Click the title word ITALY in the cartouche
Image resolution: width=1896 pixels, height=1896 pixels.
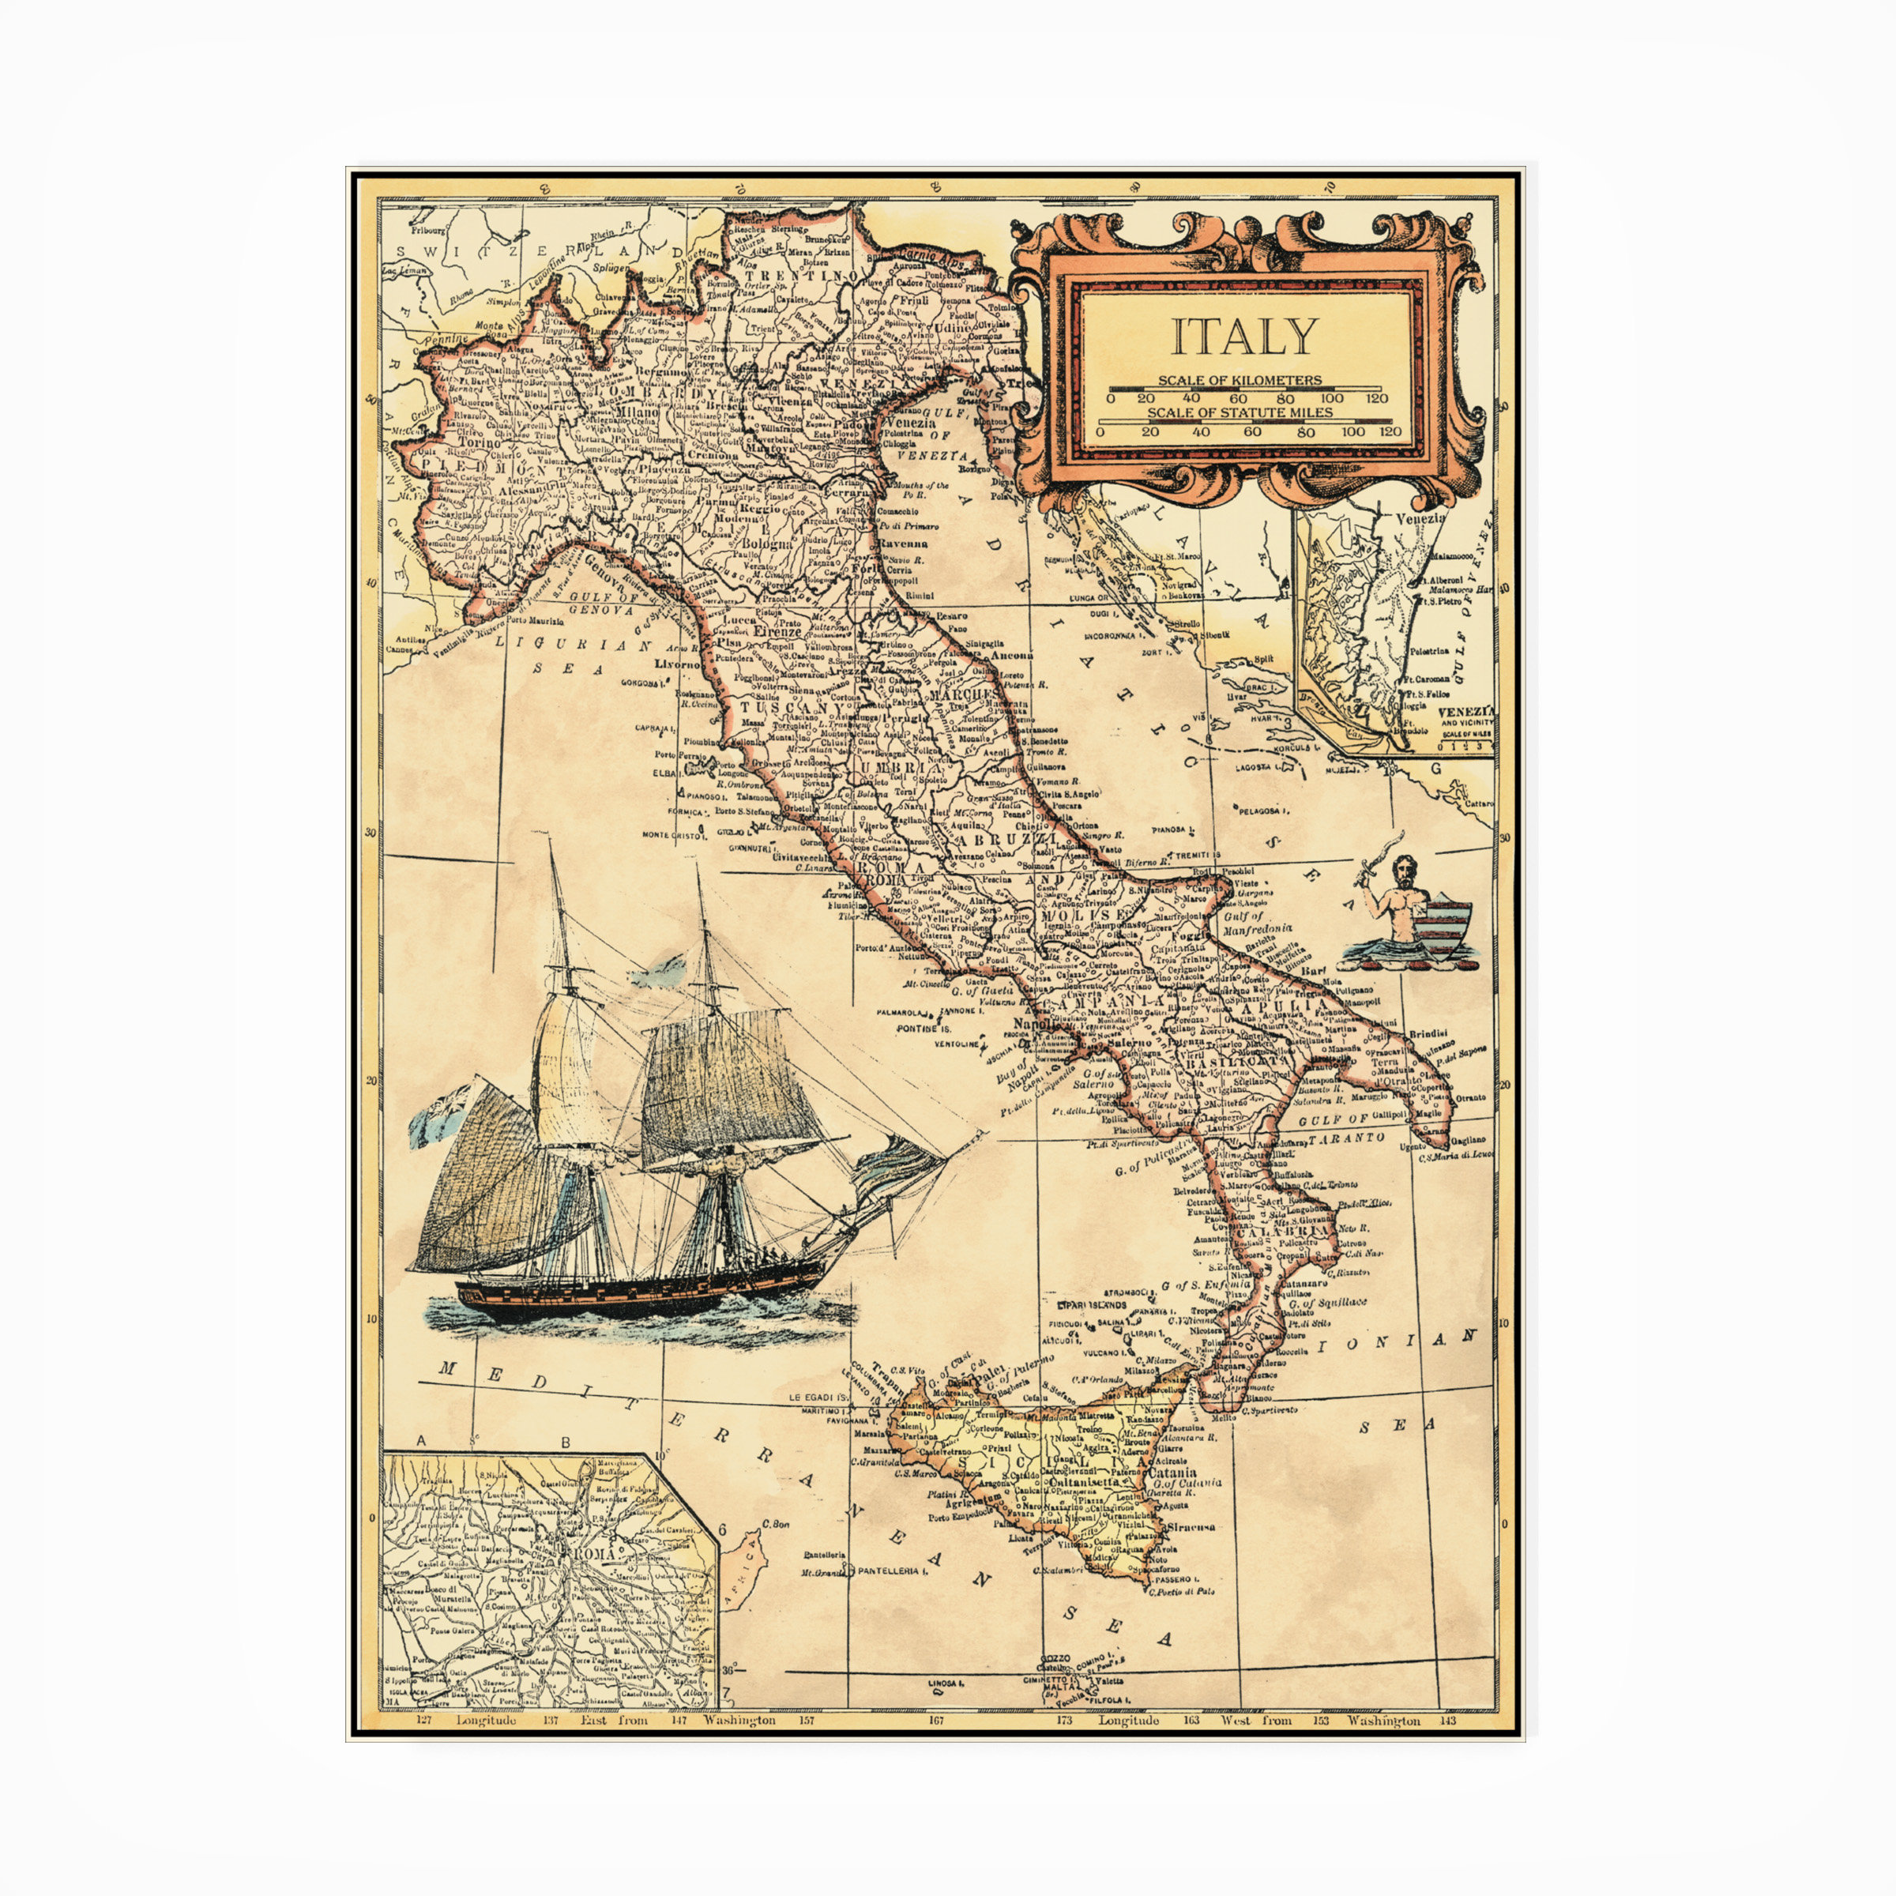[x=1243, y=337]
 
